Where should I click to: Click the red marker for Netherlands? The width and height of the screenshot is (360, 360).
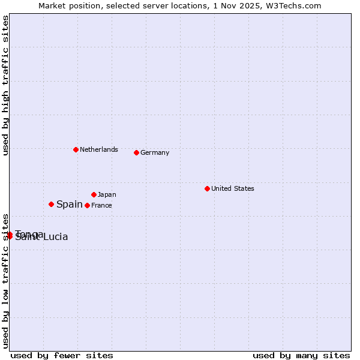point(76,149)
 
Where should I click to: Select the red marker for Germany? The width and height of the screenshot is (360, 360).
point(136,152)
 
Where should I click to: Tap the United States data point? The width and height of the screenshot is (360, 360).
point(207,188)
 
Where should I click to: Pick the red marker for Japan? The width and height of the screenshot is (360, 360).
point(94,194)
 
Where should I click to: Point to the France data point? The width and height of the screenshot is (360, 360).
point(87,205)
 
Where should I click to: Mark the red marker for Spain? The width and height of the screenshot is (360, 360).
point(51,204)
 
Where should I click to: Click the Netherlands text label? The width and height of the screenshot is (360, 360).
point(99,149)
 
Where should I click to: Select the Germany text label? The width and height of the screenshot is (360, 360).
point(155,152)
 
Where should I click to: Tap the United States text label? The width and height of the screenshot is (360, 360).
point(233,188)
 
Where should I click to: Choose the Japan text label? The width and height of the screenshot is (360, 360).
point(107,194)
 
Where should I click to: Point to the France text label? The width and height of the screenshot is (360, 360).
point(101,205)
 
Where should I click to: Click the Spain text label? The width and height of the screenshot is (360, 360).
point(70,204)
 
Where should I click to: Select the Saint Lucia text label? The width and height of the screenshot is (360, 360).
point(42,238)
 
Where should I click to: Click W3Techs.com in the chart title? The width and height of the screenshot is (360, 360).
point(295,5)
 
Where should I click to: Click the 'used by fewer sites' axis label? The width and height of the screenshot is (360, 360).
point(62,355)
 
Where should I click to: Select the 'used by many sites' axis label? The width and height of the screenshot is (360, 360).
point(301,355)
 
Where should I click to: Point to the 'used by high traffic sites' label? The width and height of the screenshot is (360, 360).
point(5,86)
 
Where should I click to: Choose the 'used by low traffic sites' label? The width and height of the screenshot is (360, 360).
point(5,281)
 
